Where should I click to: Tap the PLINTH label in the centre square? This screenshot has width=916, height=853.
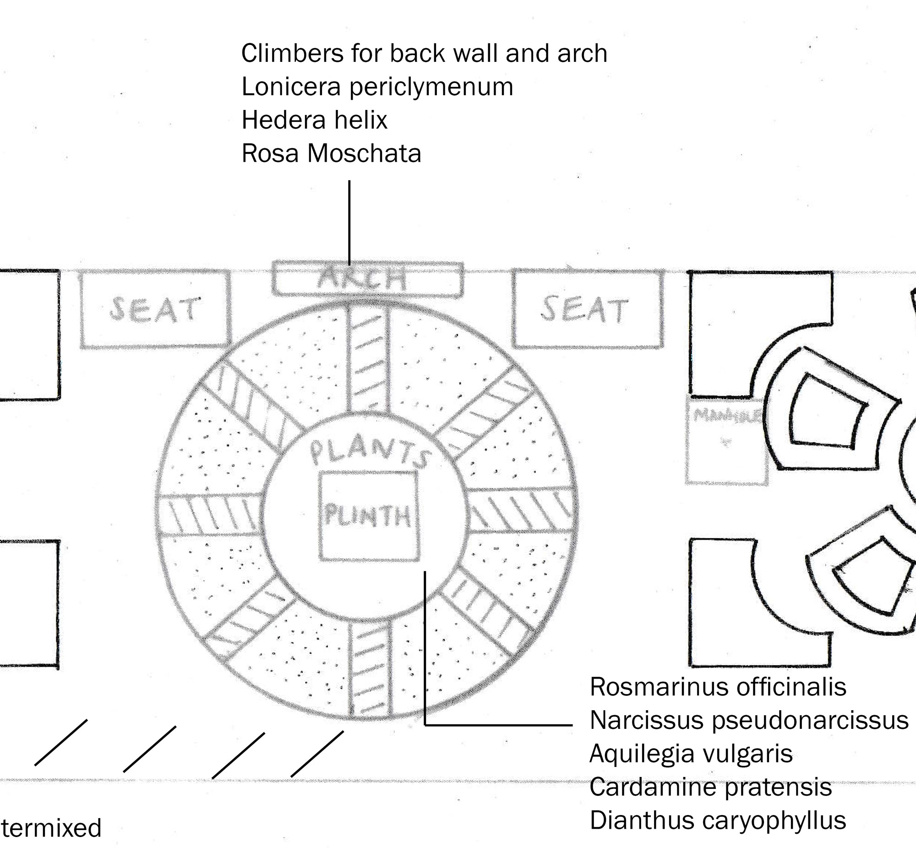click(x=368, y=516)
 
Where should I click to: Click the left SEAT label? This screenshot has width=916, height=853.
click(x=154, y=309)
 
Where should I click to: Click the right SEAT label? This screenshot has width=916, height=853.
click(x=584, y=309)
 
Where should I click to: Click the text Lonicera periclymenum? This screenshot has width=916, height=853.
click(x=377, y=87)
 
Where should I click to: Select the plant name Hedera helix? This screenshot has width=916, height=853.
click(x=314, y=120)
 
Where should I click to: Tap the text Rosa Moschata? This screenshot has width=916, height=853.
click(x=331, y=153)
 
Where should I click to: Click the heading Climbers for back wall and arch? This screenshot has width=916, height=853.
click(x=424, y=54)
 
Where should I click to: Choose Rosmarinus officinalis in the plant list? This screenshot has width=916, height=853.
click(x=718, y=687)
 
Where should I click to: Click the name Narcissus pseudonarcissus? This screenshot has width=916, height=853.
click(x=749, y=720)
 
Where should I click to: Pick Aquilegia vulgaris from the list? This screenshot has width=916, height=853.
click(x=691, y=754)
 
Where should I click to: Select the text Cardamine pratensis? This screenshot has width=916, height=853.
click(x=710, y=787)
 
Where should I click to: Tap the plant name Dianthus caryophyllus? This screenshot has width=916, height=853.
click(x=718, y=820)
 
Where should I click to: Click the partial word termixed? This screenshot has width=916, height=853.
click(x=51, y=828)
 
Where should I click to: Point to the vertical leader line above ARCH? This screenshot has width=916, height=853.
click(x=349, y=221)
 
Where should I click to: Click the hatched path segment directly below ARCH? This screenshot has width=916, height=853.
click(x=368, y=359)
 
